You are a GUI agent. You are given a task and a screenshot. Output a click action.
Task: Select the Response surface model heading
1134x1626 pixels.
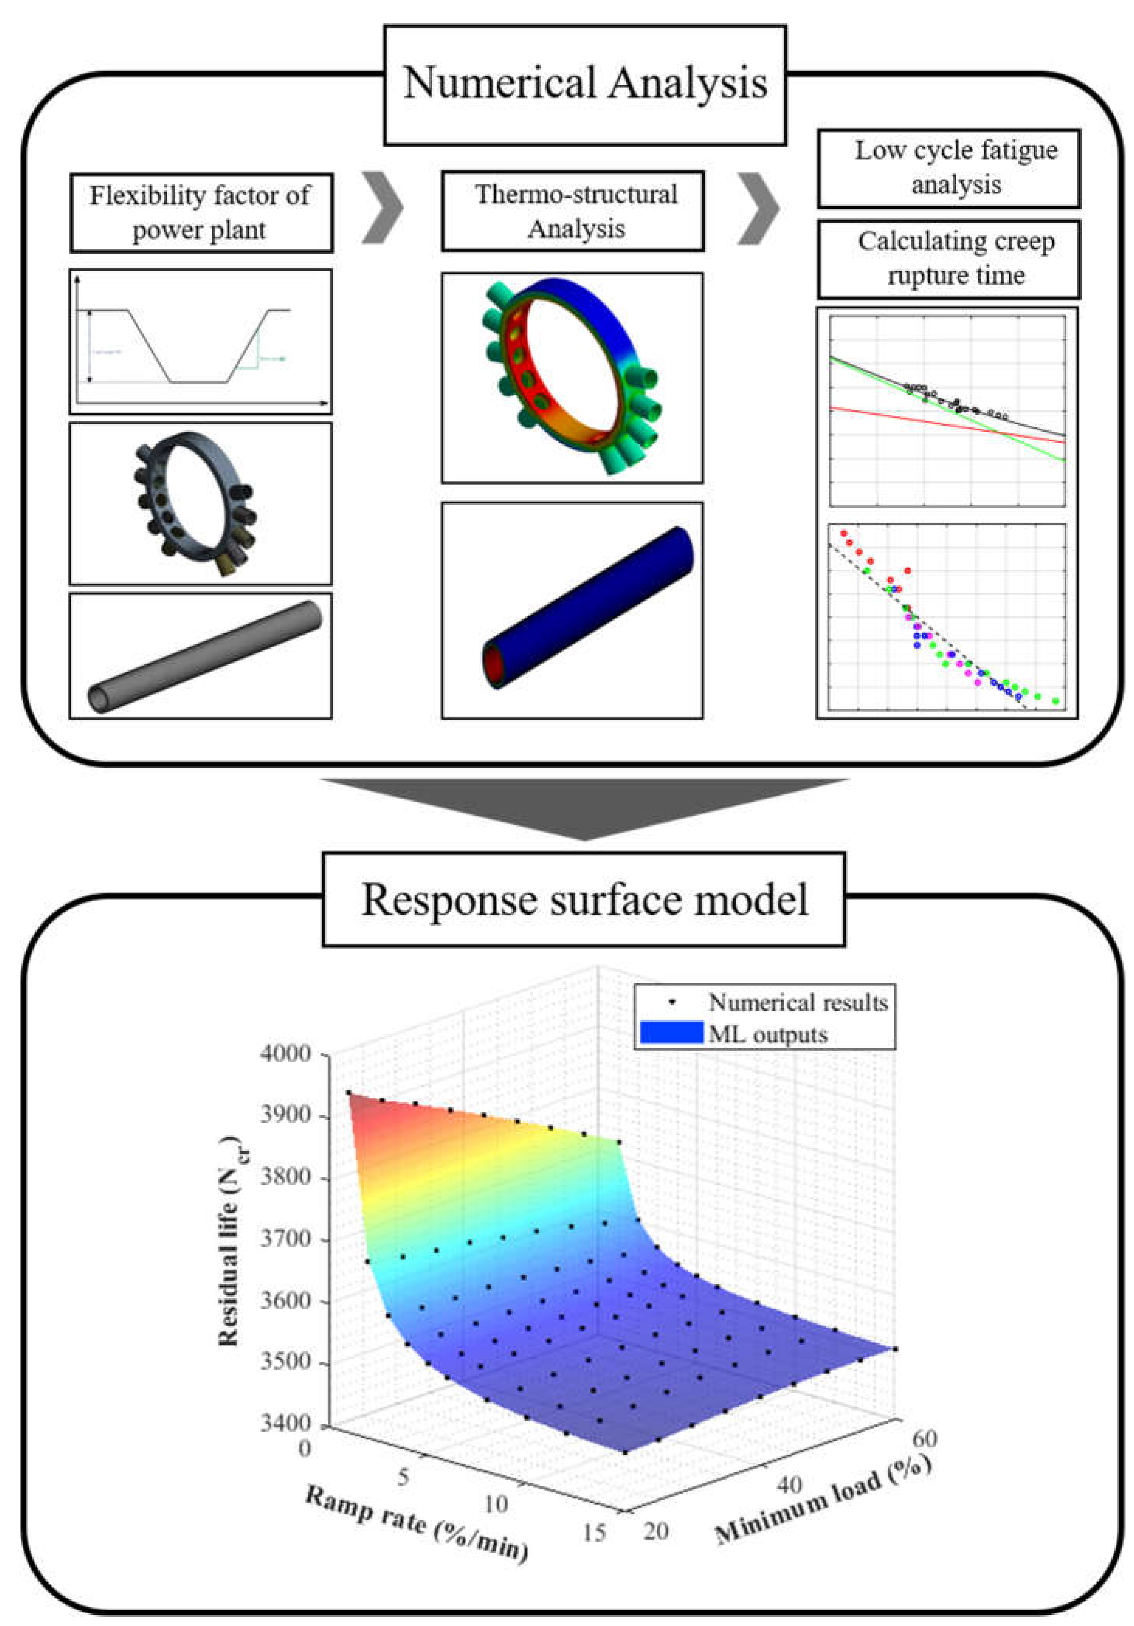click(x=584, y=899)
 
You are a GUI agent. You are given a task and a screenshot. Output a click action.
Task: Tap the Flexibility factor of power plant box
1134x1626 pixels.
click(x=201, y=213)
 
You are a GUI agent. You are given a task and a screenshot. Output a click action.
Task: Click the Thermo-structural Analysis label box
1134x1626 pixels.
click(x=572, y=211)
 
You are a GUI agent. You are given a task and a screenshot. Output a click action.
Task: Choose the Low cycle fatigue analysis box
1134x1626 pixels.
click(x=948, y=168)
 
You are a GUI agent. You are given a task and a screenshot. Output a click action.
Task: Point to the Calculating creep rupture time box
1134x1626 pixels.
click(x=948, y=258)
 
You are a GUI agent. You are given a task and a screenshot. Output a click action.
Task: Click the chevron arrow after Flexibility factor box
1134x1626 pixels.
click(x=383, y=208)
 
